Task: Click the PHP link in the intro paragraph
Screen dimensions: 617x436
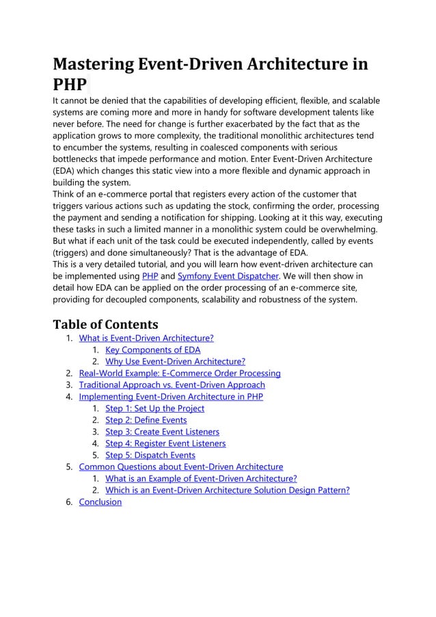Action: click(149, 275)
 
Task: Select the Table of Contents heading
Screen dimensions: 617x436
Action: click(105, 323)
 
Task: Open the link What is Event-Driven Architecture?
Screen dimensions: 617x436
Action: click(146, 338)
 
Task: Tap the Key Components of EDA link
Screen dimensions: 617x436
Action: click(153, 350)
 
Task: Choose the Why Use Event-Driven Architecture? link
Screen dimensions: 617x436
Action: click(175, 361)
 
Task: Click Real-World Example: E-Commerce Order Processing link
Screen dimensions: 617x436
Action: click(180, 373)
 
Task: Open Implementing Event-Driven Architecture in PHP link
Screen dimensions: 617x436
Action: click(171, 396)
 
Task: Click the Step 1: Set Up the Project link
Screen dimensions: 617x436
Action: click(154, 408)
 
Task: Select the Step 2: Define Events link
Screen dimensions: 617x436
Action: click(146, 420)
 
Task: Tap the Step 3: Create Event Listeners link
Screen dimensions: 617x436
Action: click(162, 431)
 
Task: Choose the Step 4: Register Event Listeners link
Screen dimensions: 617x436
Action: click(165, 443)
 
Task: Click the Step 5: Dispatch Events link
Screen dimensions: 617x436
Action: click(150, 455)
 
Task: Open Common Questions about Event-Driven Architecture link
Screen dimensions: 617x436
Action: click(181, 467)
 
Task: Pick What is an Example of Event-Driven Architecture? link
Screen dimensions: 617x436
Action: click(201, 478)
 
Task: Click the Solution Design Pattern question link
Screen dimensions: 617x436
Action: click(227, 490)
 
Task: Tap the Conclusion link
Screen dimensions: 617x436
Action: click(100, 502)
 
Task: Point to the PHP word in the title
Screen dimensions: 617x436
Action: click(70, 85)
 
